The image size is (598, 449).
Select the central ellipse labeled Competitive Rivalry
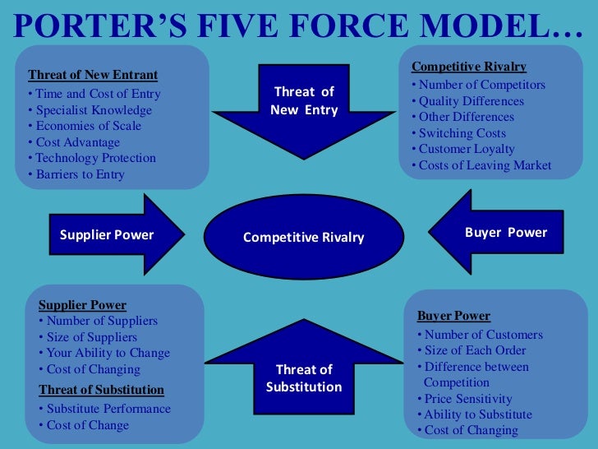click(x=303, y=237)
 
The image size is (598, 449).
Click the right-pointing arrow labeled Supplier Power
click(x=111, y=234)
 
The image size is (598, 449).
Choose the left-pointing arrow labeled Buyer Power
click(x=501, y=233)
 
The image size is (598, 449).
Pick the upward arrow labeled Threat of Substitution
click(x=304, y=374)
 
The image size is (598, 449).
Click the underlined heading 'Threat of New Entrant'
click(x=93, y=75)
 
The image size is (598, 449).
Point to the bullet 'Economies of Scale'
click(x=88, y=126)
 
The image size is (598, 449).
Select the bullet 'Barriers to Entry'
click(x=80, y=174)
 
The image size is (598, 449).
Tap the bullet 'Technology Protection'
click(x=95, y=158)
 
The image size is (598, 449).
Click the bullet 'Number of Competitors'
click(x=481, y=85)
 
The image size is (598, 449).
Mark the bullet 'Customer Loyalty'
click(x=467, y=149)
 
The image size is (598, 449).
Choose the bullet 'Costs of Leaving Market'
click(x=485, y=165)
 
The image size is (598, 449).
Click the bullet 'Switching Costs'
click(x=462, y=133)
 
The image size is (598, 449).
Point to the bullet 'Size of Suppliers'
click(x=91, y=337)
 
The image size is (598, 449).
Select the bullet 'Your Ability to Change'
click(x=108, y=353)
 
